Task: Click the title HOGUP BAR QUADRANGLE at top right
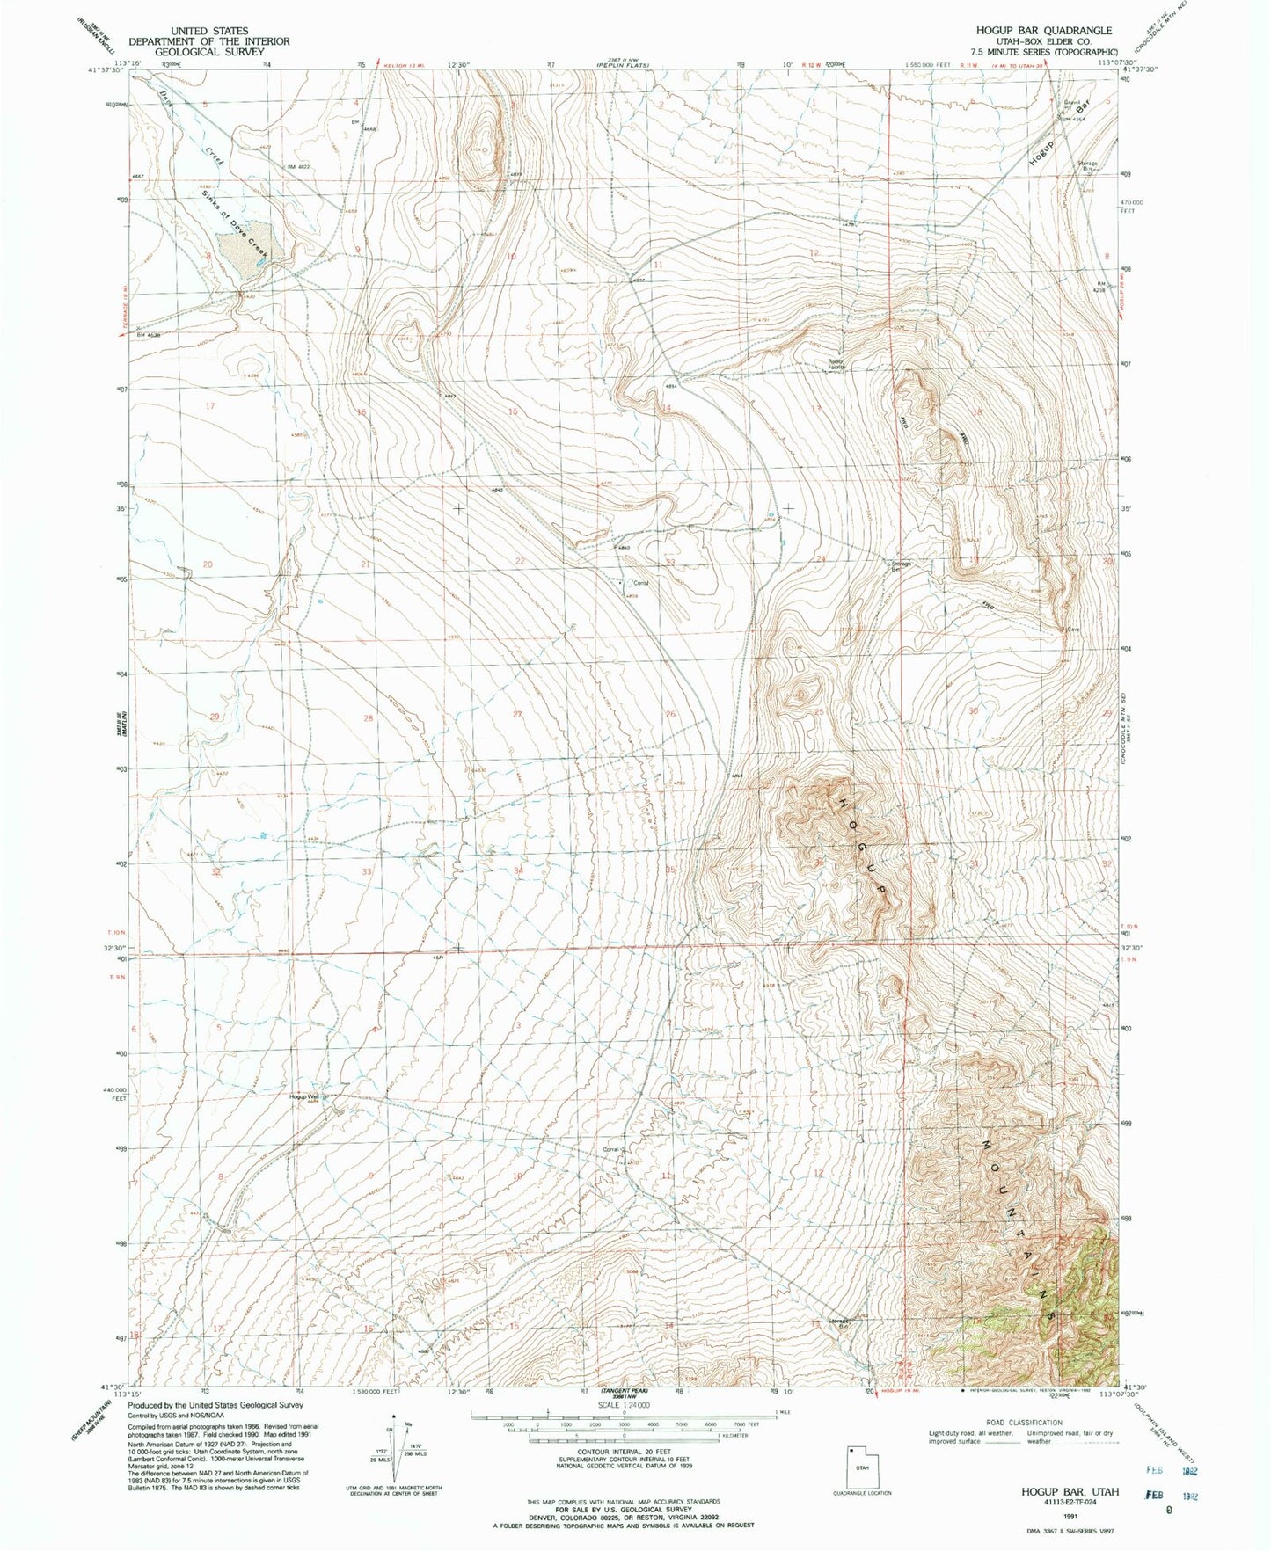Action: click(1043, 31)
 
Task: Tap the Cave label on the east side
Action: click(1073, 630)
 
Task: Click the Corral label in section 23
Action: click(639, 583)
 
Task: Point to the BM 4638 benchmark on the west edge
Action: click(150, 335)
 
